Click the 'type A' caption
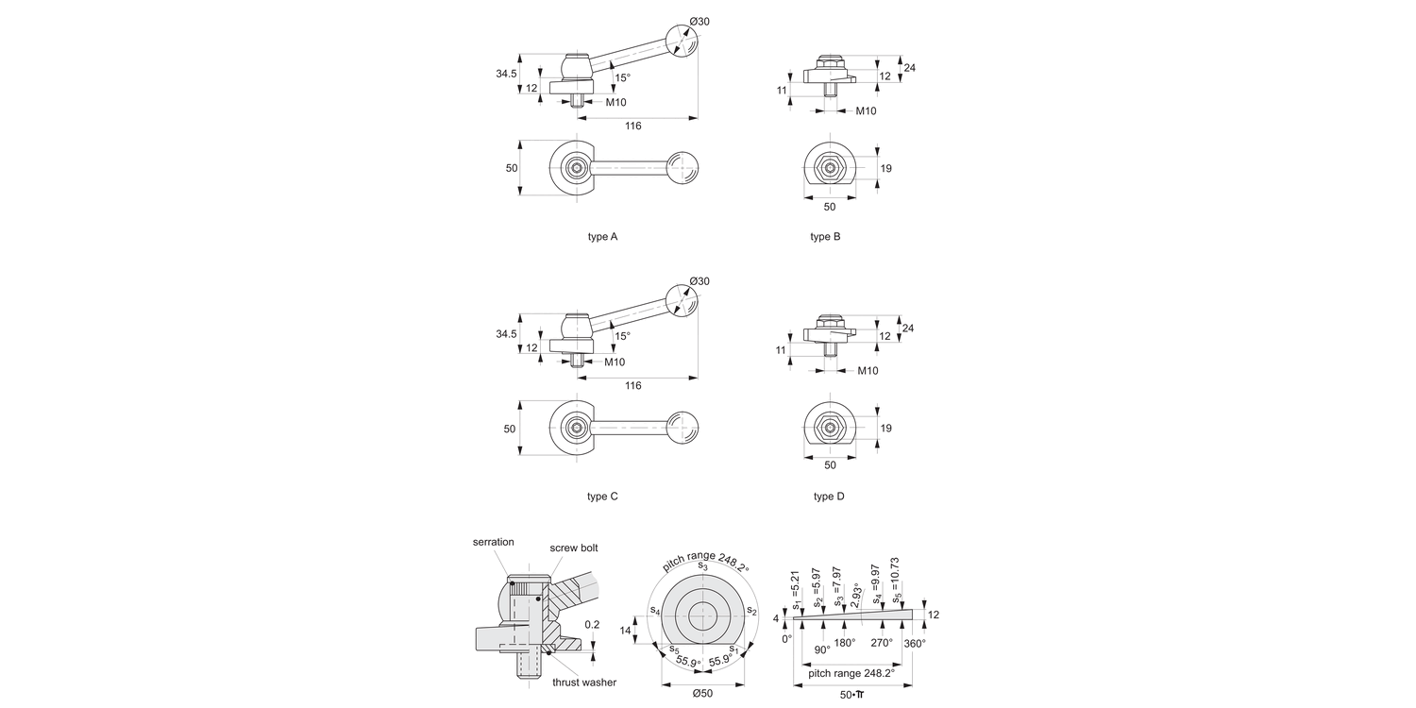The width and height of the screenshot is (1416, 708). tap(602, 237)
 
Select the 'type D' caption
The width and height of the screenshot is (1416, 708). tap(829, 497)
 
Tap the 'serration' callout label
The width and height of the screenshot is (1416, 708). tap(494, 542)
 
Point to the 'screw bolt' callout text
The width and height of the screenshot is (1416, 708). tap(574, 548)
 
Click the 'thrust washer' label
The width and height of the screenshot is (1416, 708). tap(584, 683)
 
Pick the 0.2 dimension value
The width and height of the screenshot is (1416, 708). tap(592, 624)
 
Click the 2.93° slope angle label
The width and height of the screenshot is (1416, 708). tap(855, 598)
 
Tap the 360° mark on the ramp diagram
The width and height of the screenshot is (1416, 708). tap(914, 643)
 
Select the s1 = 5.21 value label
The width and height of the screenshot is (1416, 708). tap(796, 589)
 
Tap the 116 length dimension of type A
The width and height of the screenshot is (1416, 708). tap(632, 126)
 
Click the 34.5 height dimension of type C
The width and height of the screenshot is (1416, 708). tap(505, 334)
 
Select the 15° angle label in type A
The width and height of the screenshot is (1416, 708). tap(622, 78)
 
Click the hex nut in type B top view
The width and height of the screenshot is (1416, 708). tap(829, 169)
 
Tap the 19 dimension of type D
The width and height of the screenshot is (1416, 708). tap(885, 429)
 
